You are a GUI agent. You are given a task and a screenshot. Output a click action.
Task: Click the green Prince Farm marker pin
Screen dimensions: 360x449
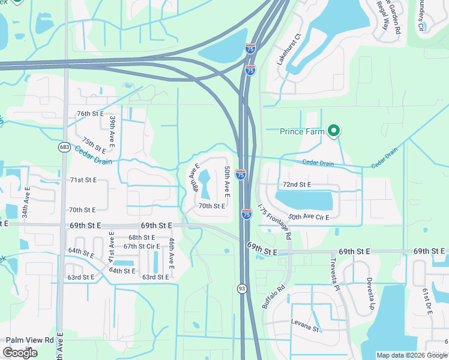(x=334, y=131)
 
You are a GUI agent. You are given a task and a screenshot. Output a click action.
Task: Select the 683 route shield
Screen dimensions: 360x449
(x=64, y=147)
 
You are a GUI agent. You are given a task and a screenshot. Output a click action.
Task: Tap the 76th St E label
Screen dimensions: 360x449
(x=90, y=113)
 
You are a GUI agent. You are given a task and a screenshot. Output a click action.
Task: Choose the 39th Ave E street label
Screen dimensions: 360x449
(x=112, y=131)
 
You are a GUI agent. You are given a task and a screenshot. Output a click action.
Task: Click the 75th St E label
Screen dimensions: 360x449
(x=94, y=145)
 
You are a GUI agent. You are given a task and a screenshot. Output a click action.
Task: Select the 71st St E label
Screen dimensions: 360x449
(x=83, y=180)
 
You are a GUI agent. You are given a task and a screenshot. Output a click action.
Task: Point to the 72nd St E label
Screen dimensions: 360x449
(x=297, y=184)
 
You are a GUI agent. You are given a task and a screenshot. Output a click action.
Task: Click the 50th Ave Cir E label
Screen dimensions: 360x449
(x=309, y=217)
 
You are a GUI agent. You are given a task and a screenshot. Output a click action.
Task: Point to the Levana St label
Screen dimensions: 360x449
(x=304, y=328)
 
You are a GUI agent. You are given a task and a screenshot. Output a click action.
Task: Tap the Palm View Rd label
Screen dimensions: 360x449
(x=30, y=340)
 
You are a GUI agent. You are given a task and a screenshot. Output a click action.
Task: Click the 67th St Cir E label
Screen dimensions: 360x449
(x=142, y=246)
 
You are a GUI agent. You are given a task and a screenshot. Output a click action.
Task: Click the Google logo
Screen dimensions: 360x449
(x=20, y=353)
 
